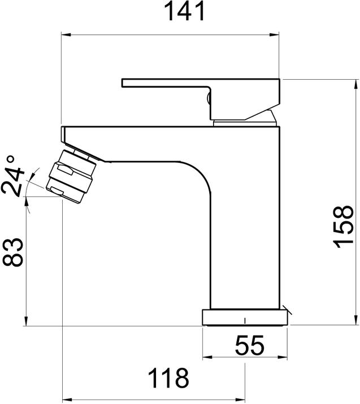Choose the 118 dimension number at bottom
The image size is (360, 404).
(x=168, y=378)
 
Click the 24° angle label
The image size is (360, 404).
(x=14, y=175)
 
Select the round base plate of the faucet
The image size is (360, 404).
(x=245, y=317)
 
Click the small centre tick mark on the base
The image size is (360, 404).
(x=245, y=321)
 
